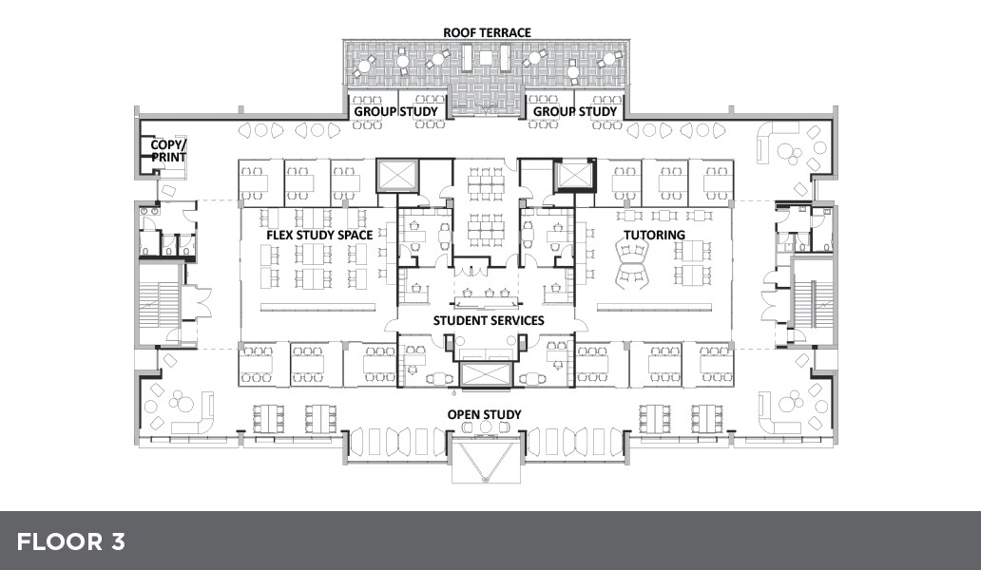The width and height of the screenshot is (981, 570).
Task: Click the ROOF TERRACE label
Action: pyautogui.click(x=487, y=32)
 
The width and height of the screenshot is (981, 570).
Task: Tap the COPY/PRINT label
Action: pyautogui.click(x=168, y=151)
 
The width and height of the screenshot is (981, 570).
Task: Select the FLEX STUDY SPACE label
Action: pyautogui.click(x=319, y=235)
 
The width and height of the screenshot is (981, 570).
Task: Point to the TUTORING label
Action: pyautogui.click(x=654, y=235)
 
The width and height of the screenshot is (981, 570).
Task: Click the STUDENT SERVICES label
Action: pyautogui.click(x=489, y=321)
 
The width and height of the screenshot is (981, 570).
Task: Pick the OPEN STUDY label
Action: pyautogui.click(x=484, y=414)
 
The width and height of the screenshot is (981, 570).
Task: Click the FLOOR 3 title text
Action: pyautogui.click(x=70, y=541)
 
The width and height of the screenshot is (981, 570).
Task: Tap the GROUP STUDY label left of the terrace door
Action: pyautogui.click(x=396, y=111)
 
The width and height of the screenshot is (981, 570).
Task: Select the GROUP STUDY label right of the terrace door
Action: pyautogui.click(x=575, y=111)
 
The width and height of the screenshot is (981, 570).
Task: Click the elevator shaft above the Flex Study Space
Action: pyautogui.click(x=396, y=175)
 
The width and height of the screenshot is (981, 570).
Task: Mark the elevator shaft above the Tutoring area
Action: pyautogui.click(x=575, y=175)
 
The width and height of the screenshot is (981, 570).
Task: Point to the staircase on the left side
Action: pyautogui.click(x=159, y=304)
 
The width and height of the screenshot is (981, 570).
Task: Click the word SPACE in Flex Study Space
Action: pyautogui.click(x=356, y=235)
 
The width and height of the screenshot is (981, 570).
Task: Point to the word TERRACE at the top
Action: pyautogui.click(x=505, y=32)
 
